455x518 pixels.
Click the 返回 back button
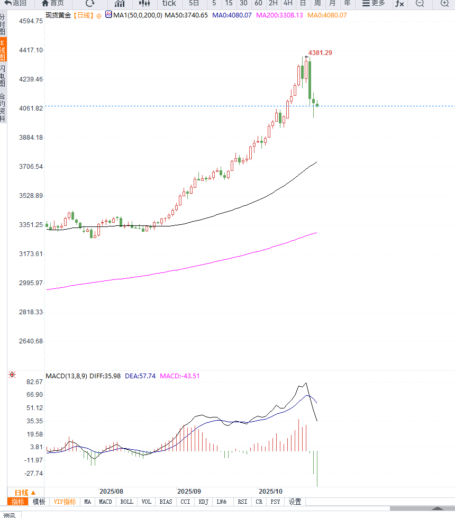(15, 3)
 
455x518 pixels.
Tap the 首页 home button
(53, 3)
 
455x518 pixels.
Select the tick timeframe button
(169, 3)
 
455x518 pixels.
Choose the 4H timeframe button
(288, 3)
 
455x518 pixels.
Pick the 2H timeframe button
(273, 3)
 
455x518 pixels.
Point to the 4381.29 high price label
(320, 53)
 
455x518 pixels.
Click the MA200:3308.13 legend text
(279, 15)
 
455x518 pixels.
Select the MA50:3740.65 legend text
(186, 15)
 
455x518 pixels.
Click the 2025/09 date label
(189, 492)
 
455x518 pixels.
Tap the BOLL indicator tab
(127, 502)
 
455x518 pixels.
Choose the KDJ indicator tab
(204, 502)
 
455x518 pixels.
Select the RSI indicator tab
(242, 502)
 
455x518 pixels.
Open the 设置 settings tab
(295, 502)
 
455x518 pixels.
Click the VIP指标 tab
(65, 502)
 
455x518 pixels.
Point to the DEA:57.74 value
(140, 376)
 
